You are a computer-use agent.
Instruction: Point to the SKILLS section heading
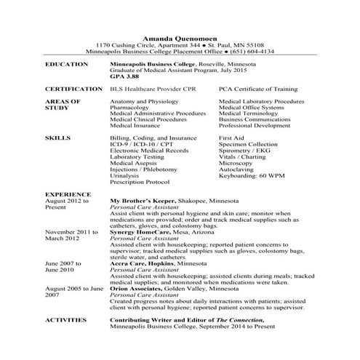point(57,137)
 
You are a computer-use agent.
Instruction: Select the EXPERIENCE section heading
point(68,194)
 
